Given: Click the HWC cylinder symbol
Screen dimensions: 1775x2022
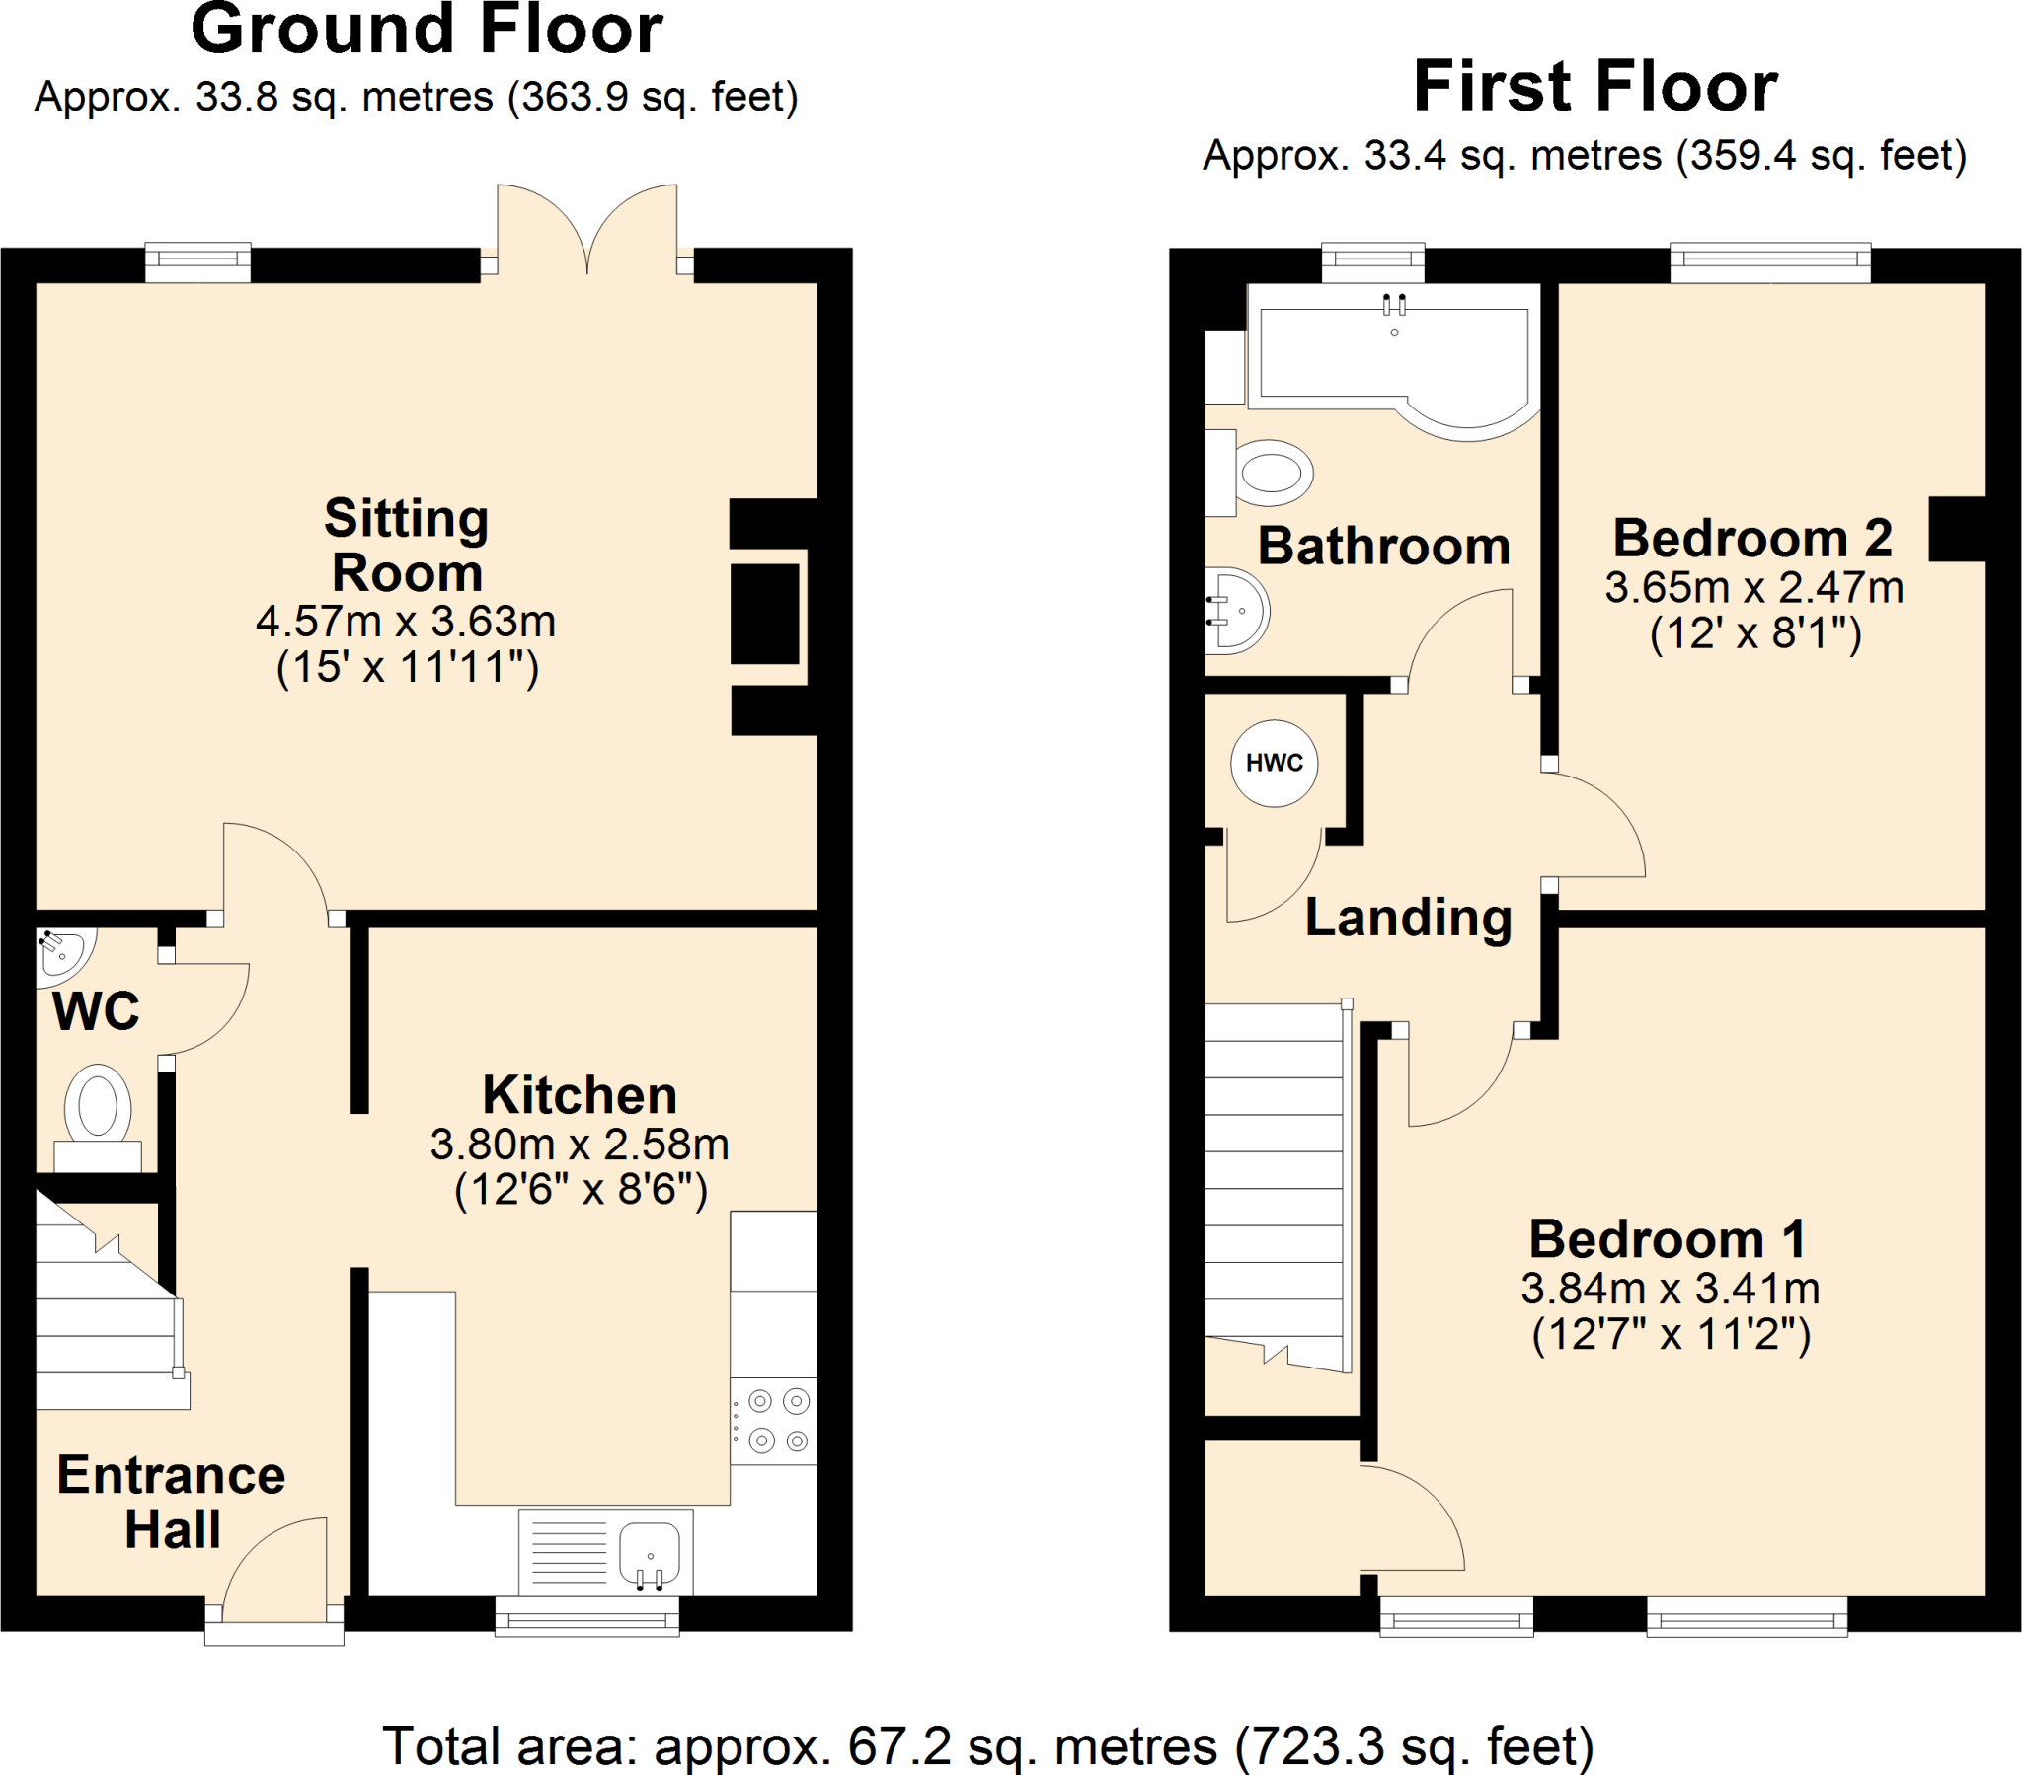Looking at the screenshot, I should (x=1274, y=763).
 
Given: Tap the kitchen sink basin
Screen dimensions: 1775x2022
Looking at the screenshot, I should (x=649, y=1550).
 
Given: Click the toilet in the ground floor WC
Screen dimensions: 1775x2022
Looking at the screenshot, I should (x=98, y=1105).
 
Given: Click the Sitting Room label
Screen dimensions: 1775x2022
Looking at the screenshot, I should (x=407, y=545).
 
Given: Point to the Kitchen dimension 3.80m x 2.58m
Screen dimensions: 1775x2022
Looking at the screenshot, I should (x=580, y=1145).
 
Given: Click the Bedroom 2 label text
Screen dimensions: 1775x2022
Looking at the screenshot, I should (x=1751, y=539).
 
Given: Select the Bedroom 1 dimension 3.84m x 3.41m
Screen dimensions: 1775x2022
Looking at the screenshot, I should (x=1670, y=1289).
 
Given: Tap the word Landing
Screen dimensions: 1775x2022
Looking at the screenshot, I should (x=1408, y=918).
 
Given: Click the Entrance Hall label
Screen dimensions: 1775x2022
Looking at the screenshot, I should (x=171, y=1501).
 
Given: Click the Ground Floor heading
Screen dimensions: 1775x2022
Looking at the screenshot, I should (x=427, y=30).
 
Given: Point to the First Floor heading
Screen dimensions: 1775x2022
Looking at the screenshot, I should (x=1594, y=87).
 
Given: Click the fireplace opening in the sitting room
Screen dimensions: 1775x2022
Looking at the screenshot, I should (x=765, y=614).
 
